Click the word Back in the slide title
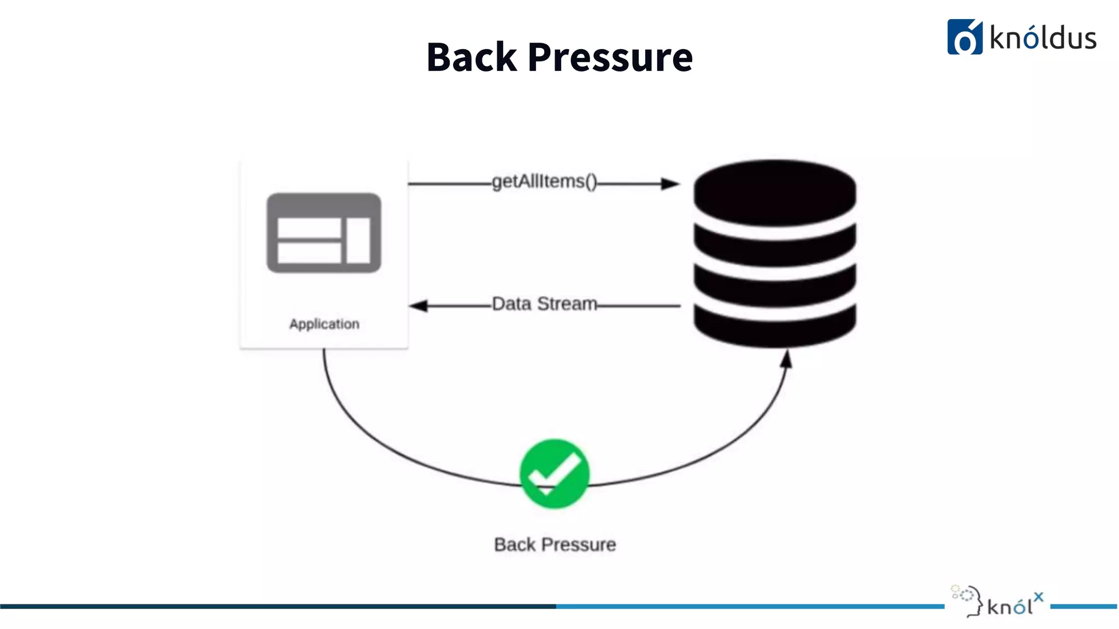(x=471, y=57)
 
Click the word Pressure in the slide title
(x=610, y=57)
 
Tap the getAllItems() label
(x=544, y=181)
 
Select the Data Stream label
(x=544, y=304)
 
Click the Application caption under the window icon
(x=324, y=324)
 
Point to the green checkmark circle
(x=554, y=473)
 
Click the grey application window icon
(x=323, y=233)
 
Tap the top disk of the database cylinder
(x=774, y=192)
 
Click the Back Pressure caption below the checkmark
(x=555, y=544)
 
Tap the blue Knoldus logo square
(x=964, y=37)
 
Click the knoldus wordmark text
(x=1043, y=38)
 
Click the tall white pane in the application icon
(x=358, y=240)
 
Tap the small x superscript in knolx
(x=1038, y=597)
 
